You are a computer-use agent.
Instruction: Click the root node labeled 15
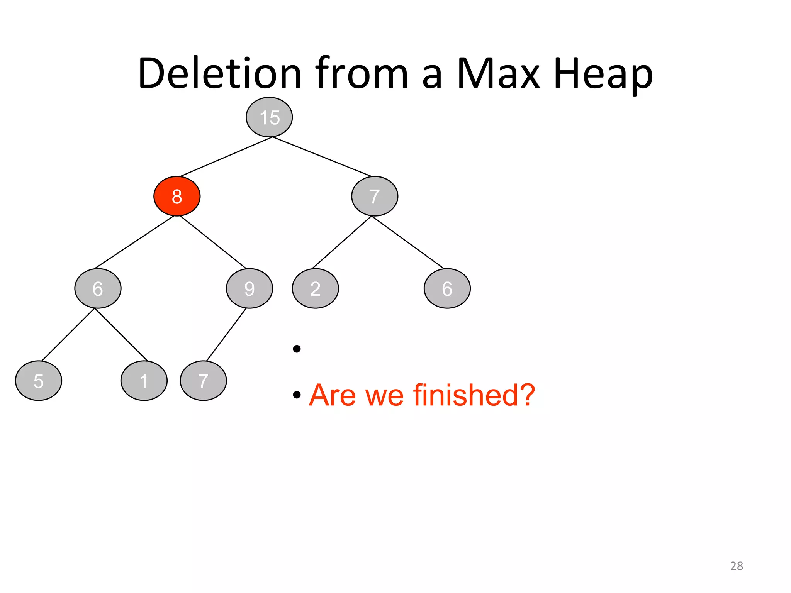click(269, 117)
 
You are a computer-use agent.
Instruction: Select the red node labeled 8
click(177, 196)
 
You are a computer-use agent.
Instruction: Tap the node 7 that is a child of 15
click(374, 196)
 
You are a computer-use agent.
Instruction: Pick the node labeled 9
click(249, 288)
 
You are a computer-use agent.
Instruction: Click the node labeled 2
click(315, 288)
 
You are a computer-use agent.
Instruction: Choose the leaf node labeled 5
click(38, 381)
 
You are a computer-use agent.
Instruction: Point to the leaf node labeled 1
click(144, 381)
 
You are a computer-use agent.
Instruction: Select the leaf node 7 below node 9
click(203, 381)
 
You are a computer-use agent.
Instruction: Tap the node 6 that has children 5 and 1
click(98, 288)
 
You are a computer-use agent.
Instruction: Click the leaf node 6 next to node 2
click(447, 288)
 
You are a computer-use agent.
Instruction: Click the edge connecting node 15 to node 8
click(226, 157)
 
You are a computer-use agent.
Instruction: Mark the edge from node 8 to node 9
click(213, 242)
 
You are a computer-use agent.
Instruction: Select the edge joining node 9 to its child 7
click(226, 335)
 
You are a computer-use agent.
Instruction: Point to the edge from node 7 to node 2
click(342, 242)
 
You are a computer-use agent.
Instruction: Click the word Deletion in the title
click(219, 73)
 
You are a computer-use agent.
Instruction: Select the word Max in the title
click(498, 73)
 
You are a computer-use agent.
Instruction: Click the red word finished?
click(474, 395)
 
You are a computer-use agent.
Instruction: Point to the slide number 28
click(736, 566)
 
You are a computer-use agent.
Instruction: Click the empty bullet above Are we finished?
click(297, 349)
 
